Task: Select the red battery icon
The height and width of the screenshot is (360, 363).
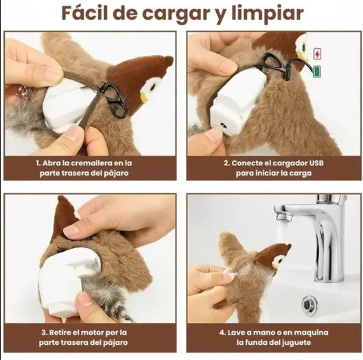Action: pyautogui.click(x=316, y=53)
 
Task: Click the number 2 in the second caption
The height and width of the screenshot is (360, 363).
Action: pyautogui.click(x=226, y=163)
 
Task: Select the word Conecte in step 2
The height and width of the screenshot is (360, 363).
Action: pyautogui.click(x=247, y=163)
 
